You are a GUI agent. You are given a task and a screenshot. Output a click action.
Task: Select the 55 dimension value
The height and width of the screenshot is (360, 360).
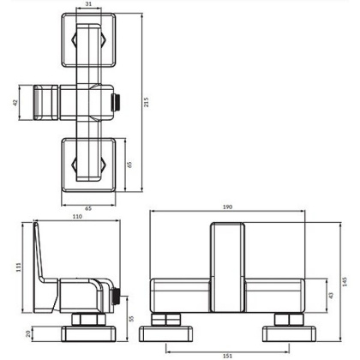point(131,318)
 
